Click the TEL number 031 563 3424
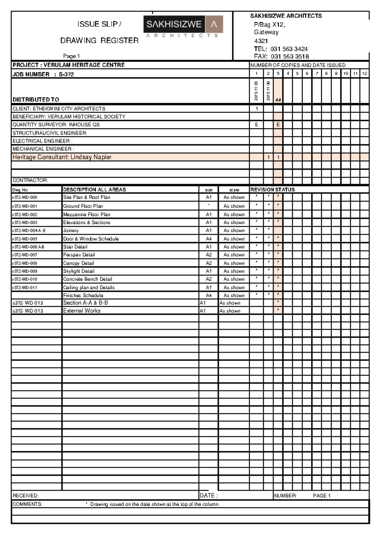[x=289, y=49]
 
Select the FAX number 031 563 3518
[x=290, y=56]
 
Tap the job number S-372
[x=66, y=75]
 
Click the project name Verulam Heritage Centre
[x=84, y=65]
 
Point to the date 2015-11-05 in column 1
[x=256, y=91]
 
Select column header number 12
[x=364, y=74]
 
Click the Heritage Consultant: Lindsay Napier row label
[x=62, y=157]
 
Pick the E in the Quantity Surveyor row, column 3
[x=278, y=125]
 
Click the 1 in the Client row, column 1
[x=257, y=109]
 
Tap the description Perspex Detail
[x=79, y=255]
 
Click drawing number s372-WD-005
[x=25, y=239]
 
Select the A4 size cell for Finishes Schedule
[x=209, y=295]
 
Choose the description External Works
[x=82, y=311]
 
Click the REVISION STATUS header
[x=273, y=190]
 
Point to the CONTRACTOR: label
[x=30, y=181]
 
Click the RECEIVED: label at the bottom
[x=25, y=496]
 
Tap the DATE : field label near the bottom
[x=209, y=495]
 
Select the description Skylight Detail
[x=79, y=271]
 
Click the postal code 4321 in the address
[x=261, y=41]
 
